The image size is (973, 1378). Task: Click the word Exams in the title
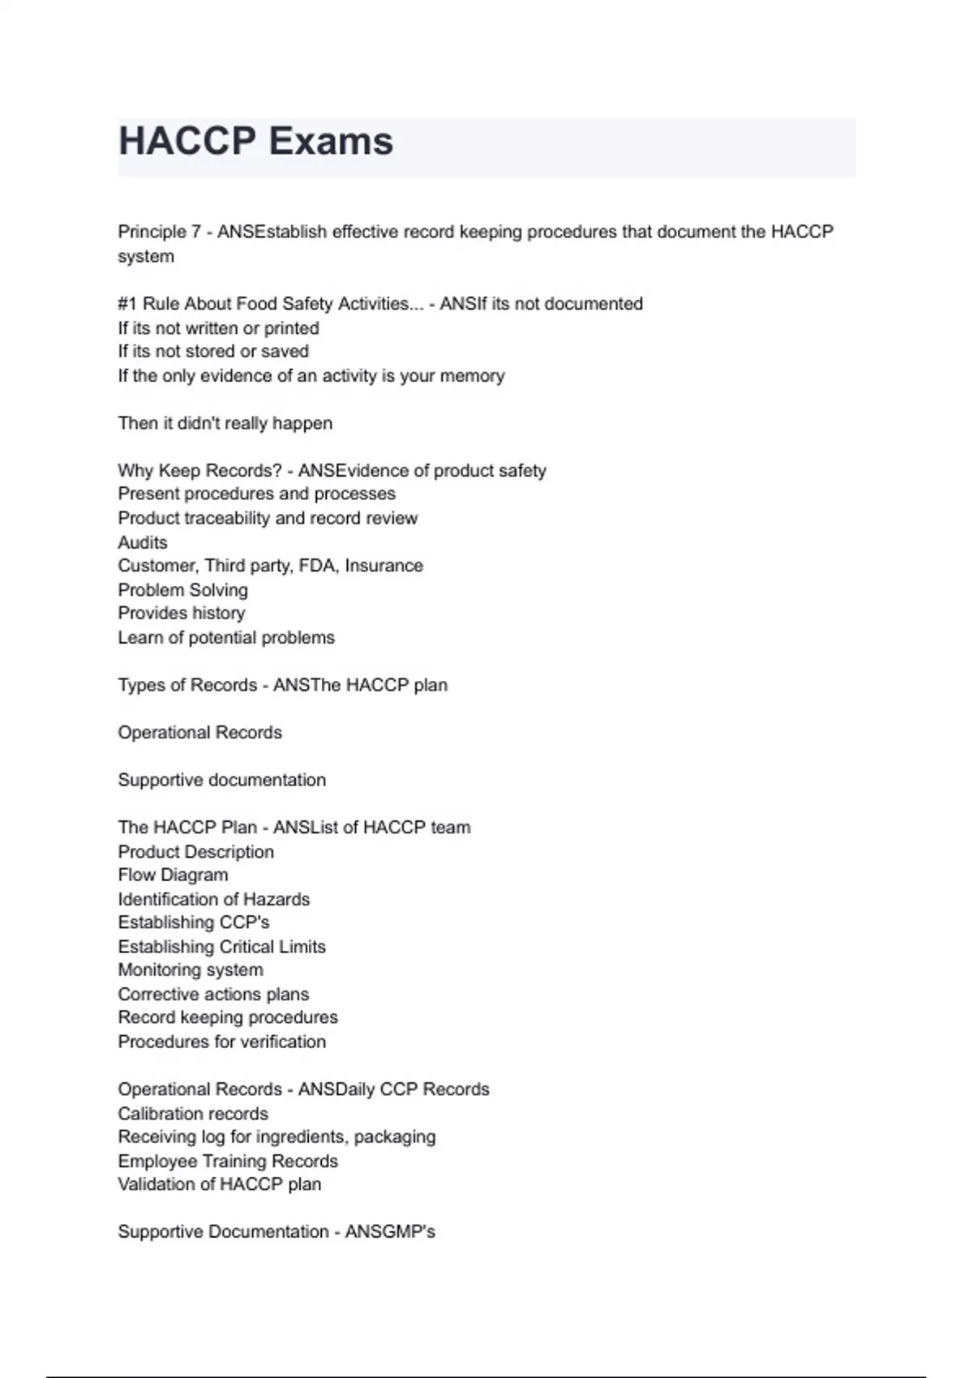click(331, 142)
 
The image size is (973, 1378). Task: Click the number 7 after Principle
click(195, 232)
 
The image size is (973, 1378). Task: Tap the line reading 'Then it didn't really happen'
click(225, 423)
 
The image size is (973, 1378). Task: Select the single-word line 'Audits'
click(143, 542)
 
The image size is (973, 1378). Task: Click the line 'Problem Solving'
click(183, 590)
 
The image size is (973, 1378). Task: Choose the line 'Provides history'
click(182, 614)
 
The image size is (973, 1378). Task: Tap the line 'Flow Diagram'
click(174, 875)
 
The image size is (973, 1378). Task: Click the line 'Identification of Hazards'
click(214, 900)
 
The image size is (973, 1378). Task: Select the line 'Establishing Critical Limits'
click(222, 947)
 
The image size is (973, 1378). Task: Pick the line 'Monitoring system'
click(191, 970)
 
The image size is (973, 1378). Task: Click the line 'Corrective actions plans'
click(214, 995)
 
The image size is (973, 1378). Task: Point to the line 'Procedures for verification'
click(222, 1042)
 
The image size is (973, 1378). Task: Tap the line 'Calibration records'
click(193, 1114)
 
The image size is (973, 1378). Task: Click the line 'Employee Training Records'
click(228, 1162)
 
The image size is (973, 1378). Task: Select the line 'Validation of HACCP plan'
click(220, 1184)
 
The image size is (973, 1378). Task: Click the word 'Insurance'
click(384, 566)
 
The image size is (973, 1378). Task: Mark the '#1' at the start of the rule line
click(127, 304)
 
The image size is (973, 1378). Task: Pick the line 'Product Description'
click(196, 852)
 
